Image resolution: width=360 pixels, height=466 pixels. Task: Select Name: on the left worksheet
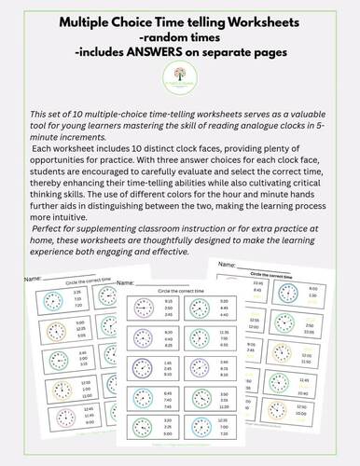click(32, 278)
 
